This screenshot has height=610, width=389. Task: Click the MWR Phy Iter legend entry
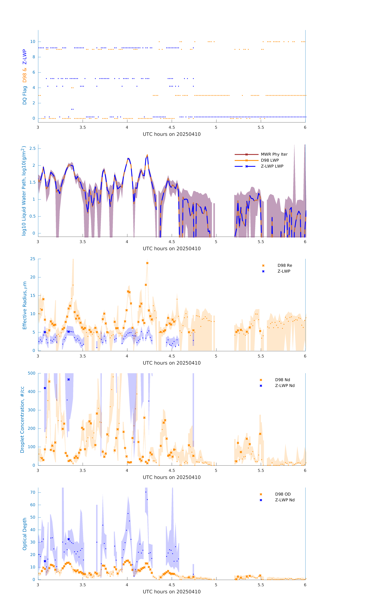(x=274, y=154)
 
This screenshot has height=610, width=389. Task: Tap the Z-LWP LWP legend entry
(x=272, y=166)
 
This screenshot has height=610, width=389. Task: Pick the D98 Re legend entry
(x=285, y=265)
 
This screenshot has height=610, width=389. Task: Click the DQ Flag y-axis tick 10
(x=33, y=42)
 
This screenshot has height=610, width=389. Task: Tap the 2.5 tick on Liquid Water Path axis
(x=32, y=148)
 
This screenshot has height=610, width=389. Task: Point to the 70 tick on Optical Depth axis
(x=33, y=492)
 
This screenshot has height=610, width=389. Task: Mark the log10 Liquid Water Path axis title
(x=24, y=191)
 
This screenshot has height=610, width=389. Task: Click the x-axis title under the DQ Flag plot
(x=172, y=134)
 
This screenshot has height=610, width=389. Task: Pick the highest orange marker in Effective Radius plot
(x=147, y=263)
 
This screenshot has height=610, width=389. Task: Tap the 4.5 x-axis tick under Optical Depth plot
(x=172, y=585)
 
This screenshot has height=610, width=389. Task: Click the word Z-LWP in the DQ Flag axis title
(x=25, y=57)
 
